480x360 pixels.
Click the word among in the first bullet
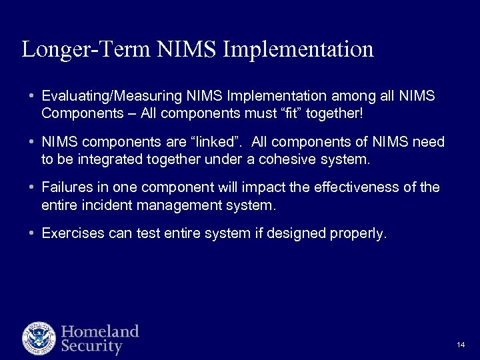[x=336, y=97]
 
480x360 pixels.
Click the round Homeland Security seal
[x=39, y=338]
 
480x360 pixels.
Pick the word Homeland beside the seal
[x=100, y=331]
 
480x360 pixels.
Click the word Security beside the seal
[x=92, y=347]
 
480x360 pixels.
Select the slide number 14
[x=461, y=345]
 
